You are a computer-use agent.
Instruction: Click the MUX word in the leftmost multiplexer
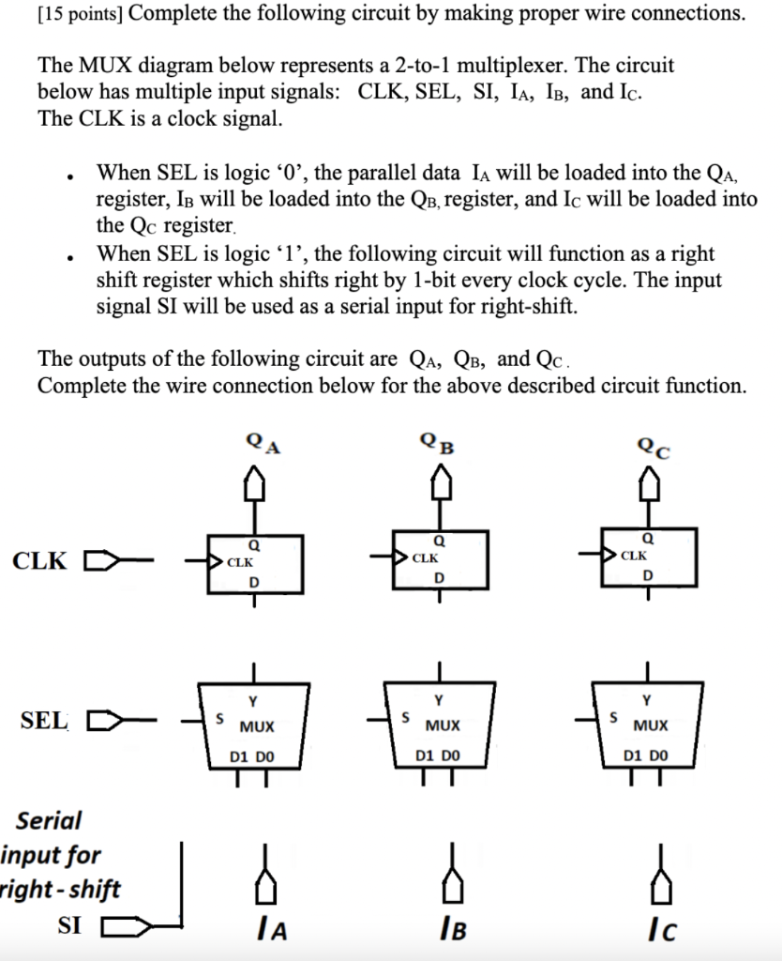[x=256, y=726]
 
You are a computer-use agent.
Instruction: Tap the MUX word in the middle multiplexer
[x=443, y=726]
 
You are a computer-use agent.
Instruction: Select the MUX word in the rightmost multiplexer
[x=650, y=726]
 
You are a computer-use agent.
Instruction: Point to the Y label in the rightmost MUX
[x=646, y=700]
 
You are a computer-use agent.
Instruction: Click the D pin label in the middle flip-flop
[x=439, y=578]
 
